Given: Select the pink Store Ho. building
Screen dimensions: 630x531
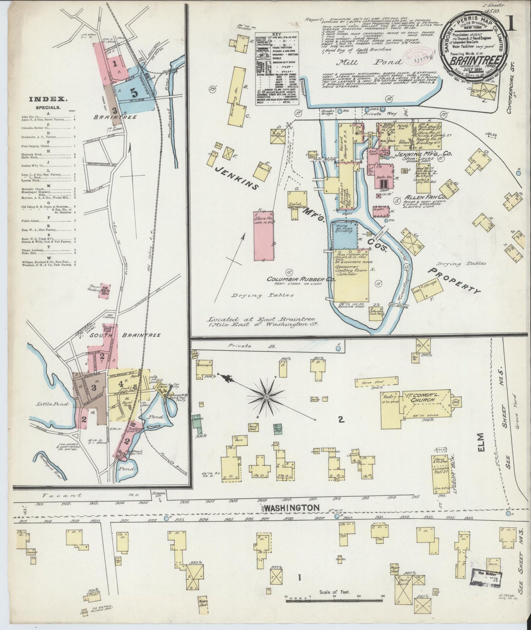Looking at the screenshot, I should [x=263, y=235].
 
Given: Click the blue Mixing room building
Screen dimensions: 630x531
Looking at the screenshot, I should [x=345, y=235].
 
